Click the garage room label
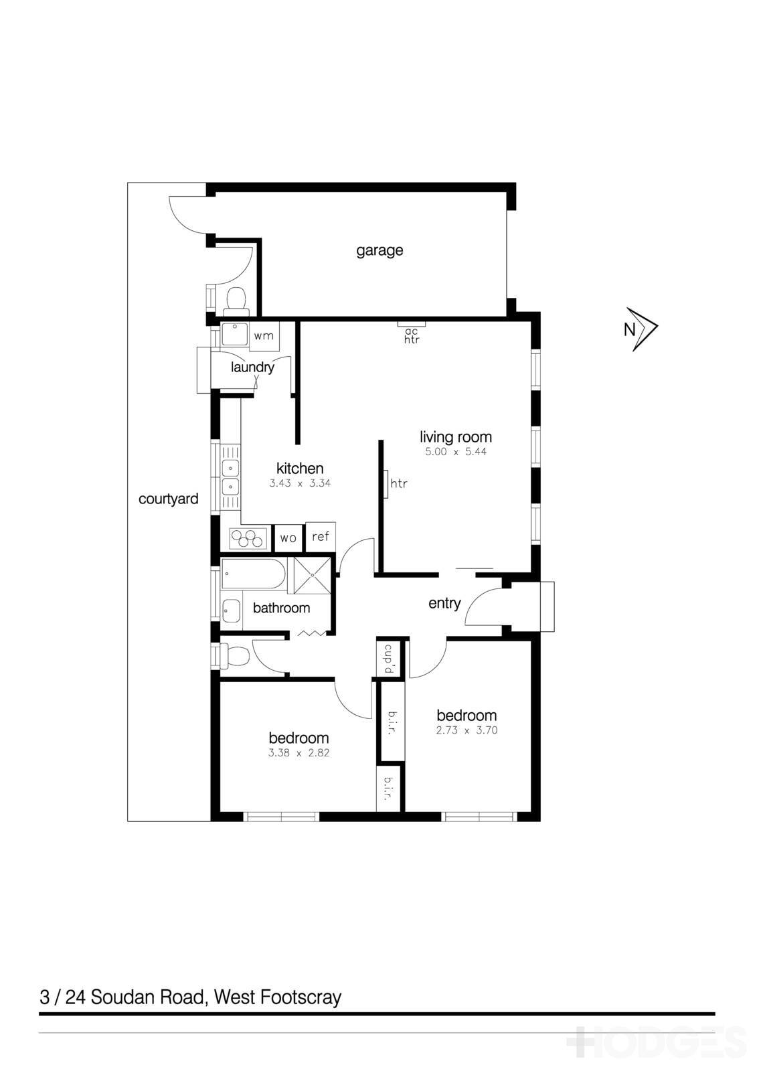[x=379, y=250]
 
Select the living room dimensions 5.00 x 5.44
[x=456, y=452]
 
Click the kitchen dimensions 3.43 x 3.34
[x=300, y=483]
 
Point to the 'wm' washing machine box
[x=264, y=335]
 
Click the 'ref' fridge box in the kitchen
[x=321, y=537]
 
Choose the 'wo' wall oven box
[x=288, y=538]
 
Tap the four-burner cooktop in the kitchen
[x=248, y=538]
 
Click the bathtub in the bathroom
[x=254, y=574]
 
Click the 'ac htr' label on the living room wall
[x=411, y=335]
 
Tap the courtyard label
[x=168, y=499]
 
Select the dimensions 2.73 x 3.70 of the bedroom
[x=467, y=730]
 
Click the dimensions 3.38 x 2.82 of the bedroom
[x=299, y=752]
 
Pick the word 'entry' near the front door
[x=444, y=603]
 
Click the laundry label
[x=252, y=367]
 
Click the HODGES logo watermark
[x=656, y=1042]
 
